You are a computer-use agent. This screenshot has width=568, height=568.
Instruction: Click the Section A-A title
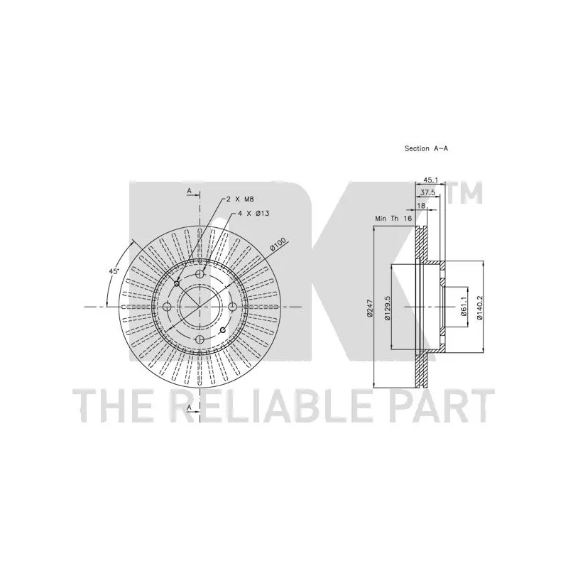(426, 148)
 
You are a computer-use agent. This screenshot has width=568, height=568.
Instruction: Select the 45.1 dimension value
(431, 180)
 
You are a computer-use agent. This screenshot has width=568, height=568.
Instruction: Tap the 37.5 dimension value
(428, 192)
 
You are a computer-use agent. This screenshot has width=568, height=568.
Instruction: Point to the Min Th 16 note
(394, 219)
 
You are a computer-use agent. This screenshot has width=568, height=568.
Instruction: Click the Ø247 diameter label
(369, 308)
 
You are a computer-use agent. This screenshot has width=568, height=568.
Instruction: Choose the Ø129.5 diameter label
(387, 308)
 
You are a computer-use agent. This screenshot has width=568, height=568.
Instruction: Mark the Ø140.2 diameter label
(479, 308)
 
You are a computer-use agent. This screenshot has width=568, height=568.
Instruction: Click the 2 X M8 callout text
(240, 199)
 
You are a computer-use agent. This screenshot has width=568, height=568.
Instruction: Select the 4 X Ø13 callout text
(253, 214)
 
